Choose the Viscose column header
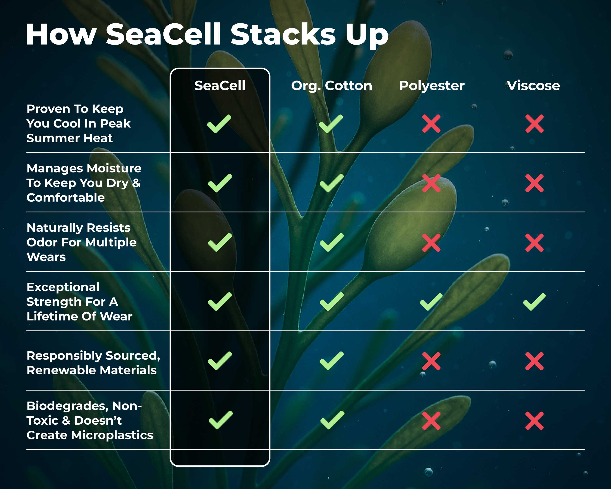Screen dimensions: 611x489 coord(533,86)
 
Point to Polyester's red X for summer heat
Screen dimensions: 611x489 coord(431,124)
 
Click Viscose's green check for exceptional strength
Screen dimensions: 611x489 coord(534,302)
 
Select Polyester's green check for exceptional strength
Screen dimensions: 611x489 coord(431,302)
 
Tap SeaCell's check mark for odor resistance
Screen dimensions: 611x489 coord(220,242)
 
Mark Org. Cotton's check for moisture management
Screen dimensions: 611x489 coord(331,183)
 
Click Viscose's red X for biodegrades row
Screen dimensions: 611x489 coord(534,421)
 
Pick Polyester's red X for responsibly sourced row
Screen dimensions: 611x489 coord(431,361)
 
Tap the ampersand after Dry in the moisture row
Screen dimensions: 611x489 coord(136,183)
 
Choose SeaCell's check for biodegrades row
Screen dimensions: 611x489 coord(220,420)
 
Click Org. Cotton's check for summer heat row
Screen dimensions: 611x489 coord(331,124)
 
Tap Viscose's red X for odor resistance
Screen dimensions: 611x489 coord(534,243)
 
